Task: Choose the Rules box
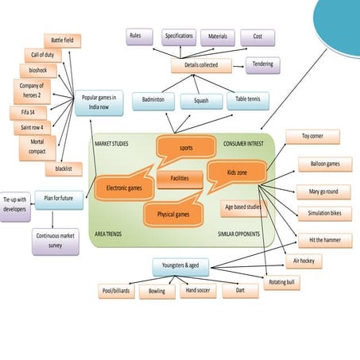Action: [139, 37]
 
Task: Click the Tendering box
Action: [262, 64]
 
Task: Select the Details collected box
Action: [201, 65]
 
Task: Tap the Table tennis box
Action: [248, 100]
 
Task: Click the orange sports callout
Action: [185, 147]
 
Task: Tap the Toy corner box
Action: [312, 137]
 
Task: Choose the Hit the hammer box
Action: [324, 238]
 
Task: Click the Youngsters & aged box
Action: [184, 265]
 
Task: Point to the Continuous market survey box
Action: [56, 241]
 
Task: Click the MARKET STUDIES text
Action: [111, 145]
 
